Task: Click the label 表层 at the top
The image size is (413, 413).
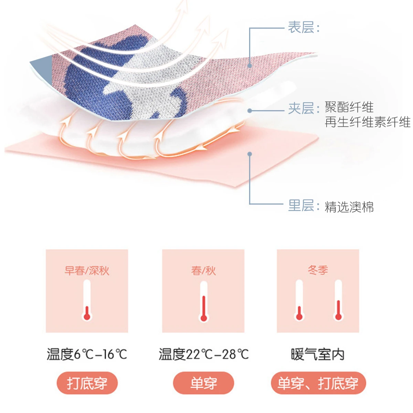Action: click(x=301, y=28)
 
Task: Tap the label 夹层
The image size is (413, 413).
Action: click(x=301, y=108)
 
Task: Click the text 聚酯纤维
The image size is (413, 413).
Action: click(x=349, y=107)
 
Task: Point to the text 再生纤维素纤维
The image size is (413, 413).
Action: click(x=368, y=122)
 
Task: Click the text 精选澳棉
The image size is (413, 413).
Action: click(x=349, y=207)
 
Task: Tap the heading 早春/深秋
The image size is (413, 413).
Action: click(x=87, y=271)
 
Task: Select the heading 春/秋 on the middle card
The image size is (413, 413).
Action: click(x=203, y=271)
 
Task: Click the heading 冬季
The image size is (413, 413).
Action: click(x=318, y=270)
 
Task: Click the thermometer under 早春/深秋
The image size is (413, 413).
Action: click(x=87, y=300)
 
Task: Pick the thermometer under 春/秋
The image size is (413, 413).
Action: click(x=203, y=301)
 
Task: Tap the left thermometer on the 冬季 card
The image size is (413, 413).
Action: click(x=299, y=300)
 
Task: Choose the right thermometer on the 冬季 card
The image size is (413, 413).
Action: click(x=338, y=300)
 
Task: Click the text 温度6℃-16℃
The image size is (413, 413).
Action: click(x=87, y=354)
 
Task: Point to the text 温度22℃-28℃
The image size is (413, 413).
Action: click(x=203, y=354)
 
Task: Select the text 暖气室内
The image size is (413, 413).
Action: click(x=318, y=354)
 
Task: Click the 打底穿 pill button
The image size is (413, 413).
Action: click(x=87, y=383)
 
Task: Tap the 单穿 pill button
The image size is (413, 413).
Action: click(x=203, y=383)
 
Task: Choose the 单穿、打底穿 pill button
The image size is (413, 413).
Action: click(x=318, y=383)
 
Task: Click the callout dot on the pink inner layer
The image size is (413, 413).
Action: click(x=250, y=154)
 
